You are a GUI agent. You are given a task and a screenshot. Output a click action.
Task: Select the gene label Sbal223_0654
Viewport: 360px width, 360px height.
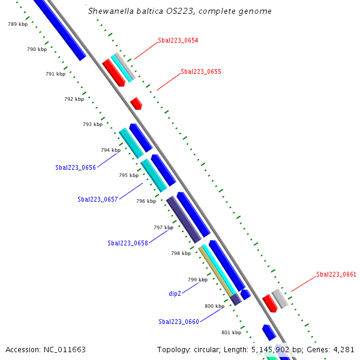point(178,41)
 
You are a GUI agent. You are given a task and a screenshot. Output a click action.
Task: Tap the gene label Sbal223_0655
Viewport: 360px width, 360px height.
point(201,71)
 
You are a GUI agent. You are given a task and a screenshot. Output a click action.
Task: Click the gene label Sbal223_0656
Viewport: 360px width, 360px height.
point(76,167)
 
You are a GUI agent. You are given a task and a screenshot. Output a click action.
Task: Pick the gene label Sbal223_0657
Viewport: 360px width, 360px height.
point(98,199)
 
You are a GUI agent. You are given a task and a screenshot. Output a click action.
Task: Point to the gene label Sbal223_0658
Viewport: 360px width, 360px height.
point(128,243)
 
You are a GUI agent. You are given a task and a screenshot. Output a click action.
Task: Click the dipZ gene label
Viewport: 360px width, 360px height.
point(175,294)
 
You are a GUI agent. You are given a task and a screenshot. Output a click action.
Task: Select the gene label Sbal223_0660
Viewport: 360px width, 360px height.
point(179,322)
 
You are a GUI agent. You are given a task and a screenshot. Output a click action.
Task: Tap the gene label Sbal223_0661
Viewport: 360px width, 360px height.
point(337,275)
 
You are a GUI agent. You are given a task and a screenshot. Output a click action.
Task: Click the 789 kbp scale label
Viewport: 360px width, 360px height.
point(17,24)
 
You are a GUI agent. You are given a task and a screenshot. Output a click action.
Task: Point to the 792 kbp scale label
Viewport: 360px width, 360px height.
point(74,99)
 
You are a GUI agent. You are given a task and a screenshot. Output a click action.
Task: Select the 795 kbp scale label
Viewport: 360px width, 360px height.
point(128,175)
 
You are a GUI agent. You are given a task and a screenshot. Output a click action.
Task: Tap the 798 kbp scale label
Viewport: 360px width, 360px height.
point(181,253)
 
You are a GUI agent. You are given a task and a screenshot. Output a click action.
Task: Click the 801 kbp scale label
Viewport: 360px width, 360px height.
point(231,332)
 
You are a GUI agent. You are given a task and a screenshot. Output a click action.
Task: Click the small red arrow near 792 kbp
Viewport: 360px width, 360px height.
point(136,103)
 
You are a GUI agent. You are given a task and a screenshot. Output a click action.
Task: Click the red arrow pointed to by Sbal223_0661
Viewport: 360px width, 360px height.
point(269,303)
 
